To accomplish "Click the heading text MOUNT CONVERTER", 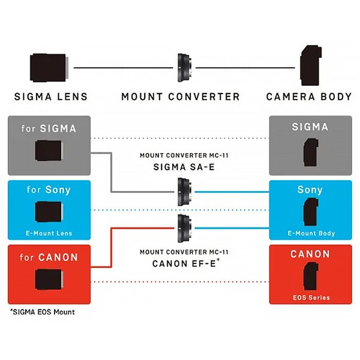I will [181, 97].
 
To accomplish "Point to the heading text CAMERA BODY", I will [309, 97].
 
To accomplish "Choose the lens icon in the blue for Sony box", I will [49, 211].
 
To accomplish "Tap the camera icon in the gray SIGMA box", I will [310, 151].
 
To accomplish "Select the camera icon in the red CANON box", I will [310, 277].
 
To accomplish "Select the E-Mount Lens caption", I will [49, 233].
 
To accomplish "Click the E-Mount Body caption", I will [310, 233].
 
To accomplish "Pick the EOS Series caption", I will [310, 297].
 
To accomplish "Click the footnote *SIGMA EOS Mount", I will [42, 312].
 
